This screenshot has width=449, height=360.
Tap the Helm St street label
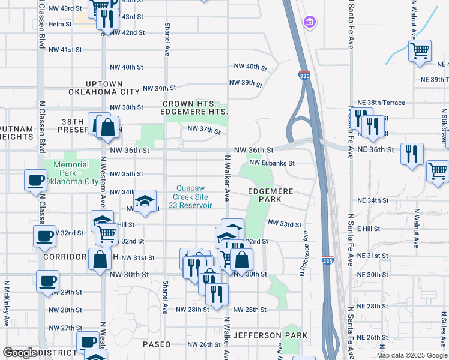[60, 24]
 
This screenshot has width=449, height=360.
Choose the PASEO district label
[157, 344]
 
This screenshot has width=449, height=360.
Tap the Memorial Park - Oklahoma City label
[75, 173]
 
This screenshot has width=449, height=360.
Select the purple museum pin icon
[310, 23]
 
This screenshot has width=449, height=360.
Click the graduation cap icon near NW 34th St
[145, 200]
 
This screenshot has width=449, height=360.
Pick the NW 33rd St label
[284, 224]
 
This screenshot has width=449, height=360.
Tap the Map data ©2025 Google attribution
[412, 355]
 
